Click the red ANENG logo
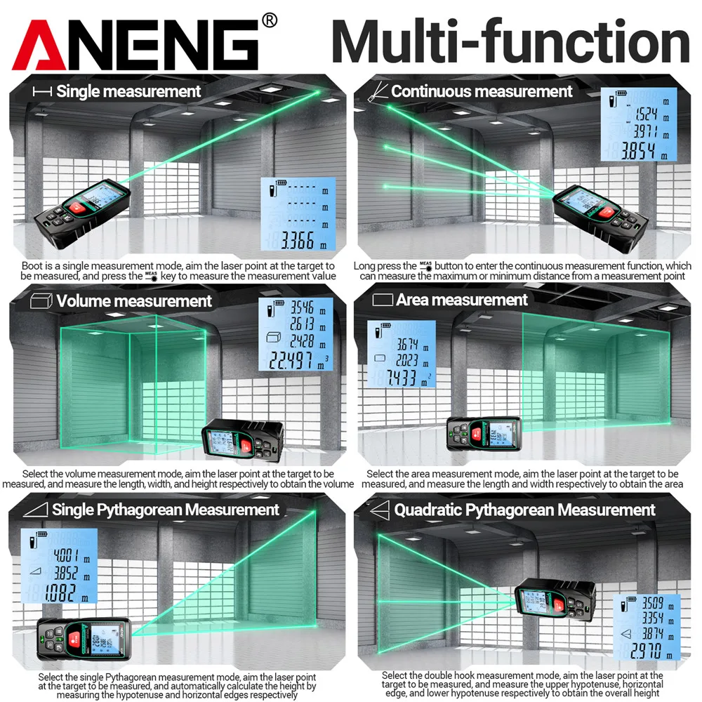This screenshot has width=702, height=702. (133, 44)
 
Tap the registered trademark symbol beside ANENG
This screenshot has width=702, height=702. (269, 20)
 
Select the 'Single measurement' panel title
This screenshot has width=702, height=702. (128, 91)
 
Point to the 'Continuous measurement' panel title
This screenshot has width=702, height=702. (482, 91)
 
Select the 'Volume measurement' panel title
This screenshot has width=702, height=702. (134, 301)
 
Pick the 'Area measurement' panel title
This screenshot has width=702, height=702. (461, 300)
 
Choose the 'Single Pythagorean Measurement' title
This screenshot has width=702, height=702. (166, 510)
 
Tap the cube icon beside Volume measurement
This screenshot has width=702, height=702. (41, 301)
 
